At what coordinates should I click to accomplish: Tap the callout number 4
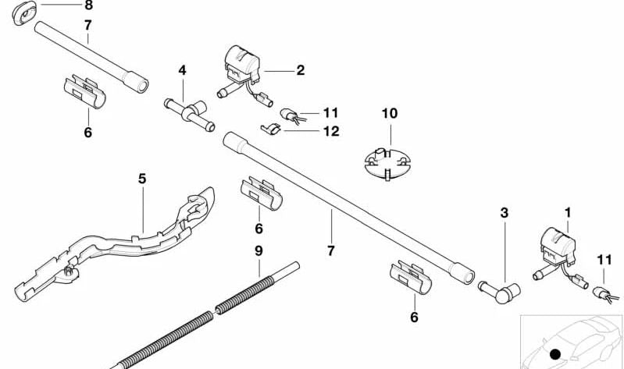182,70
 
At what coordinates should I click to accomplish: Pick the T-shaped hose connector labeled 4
187,112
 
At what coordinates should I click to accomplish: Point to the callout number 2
300,70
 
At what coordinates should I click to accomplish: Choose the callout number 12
331,131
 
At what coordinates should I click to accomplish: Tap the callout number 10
389,113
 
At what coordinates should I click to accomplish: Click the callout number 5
141,179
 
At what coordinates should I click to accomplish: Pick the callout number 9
258,250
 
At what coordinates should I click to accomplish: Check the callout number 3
504,212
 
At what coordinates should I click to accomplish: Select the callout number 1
568,211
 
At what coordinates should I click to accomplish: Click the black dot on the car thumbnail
555,355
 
